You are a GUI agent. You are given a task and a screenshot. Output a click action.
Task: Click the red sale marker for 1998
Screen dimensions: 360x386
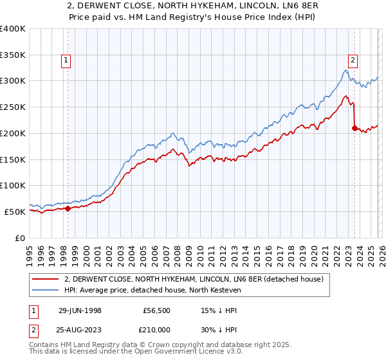click(x=68, y=208)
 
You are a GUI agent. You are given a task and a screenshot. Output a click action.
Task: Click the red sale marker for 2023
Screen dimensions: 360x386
click(x=354, y=128)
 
